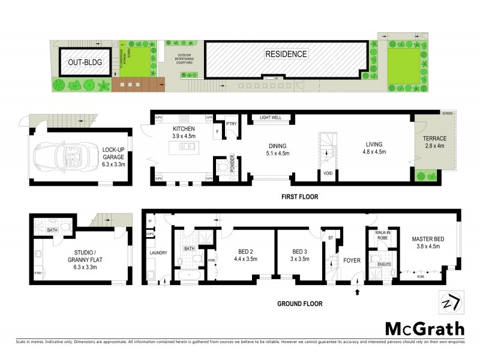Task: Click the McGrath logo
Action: pyautogui.click(x=424, y=328)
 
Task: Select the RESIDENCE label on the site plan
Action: pyautogui.click(x=286, y=54)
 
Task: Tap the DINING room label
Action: pyautogui.click(x=277, y=146)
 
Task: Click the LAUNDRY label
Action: pyautogui.click(x=158, y=253)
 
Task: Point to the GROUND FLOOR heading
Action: pyautogui.click(x=299, y=304)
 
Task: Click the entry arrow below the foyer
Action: pyautogui.click(x=358, y=292)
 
